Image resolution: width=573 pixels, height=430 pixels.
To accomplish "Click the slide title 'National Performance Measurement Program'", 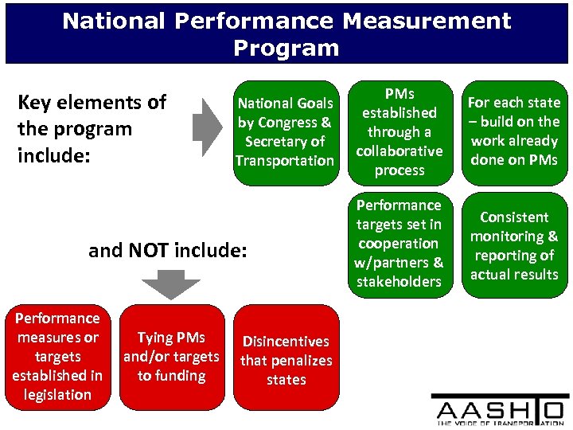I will click(286, 33).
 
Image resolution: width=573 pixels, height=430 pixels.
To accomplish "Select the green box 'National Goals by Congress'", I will click(284, 132).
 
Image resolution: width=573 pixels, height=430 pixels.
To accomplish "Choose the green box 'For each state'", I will click(513, 132).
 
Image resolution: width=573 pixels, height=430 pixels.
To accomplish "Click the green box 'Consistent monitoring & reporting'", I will click(513, 245).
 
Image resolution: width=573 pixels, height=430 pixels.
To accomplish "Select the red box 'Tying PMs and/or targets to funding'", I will click(170, 357).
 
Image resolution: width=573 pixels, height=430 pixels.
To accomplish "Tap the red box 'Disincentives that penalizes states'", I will click(286, 360).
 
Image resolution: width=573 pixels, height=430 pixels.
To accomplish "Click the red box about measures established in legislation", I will click(57, 357).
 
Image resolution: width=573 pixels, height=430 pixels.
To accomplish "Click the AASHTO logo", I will click(500, 410).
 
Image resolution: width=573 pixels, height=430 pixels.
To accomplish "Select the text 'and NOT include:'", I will click(168, 251).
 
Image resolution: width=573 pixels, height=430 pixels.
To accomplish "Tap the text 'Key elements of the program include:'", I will click(92, 128).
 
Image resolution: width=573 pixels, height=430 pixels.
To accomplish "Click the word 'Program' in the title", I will click(286, 49).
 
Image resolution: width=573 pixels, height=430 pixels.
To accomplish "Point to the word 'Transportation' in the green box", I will click(284, 161).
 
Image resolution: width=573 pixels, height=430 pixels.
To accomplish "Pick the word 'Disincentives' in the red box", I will click(286, 342).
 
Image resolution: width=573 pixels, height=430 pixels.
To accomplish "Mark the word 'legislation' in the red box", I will click(57, 395).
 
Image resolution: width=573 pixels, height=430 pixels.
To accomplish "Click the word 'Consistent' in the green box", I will click(513, 217).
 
